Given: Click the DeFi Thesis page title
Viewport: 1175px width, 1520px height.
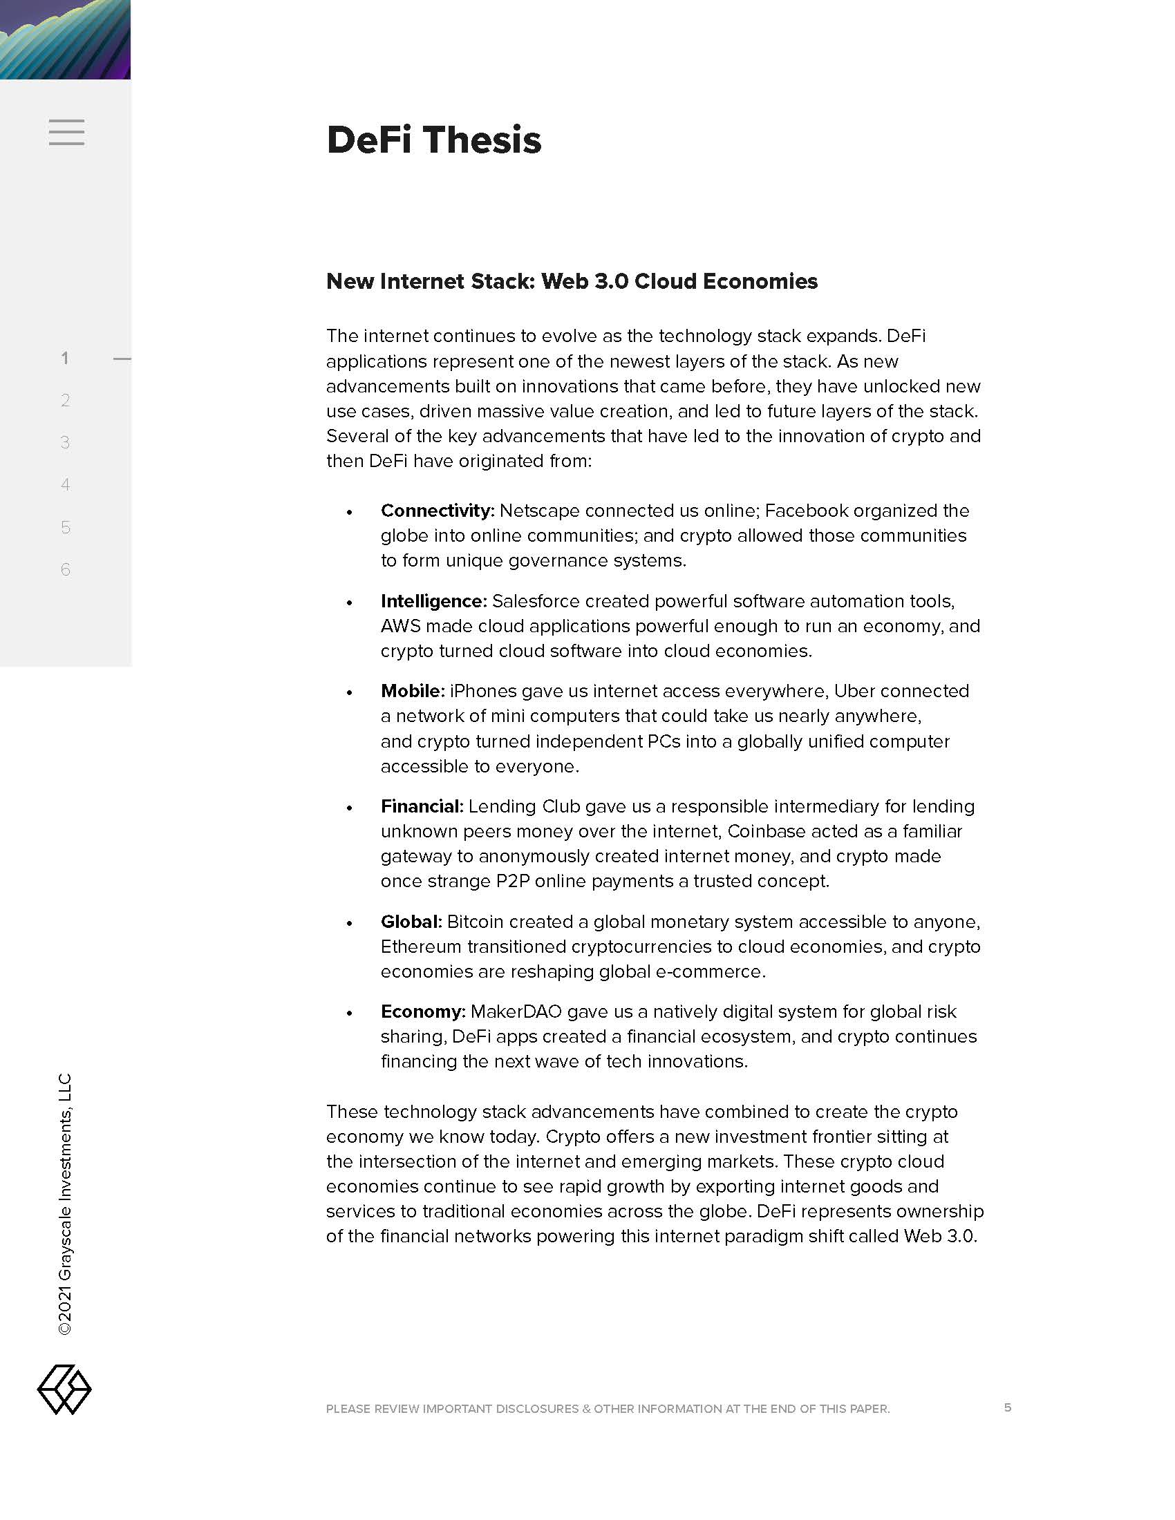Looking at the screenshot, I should (x=433, y=139).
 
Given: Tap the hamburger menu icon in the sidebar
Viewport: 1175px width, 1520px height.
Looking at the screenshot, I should (x=66, y=132).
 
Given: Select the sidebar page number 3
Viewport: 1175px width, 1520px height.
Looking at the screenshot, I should (x=66, y=443).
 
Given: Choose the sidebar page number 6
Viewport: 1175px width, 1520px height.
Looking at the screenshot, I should (x=66, y=569).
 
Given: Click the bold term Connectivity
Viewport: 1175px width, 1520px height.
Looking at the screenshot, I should (x=436, y=511).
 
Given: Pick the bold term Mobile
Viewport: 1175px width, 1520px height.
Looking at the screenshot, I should (x=411, y=691).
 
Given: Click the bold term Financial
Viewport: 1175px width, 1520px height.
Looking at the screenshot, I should (x=421, y=806).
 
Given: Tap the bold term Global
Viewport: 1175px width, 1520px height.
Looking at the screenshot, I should (x=411, y=922).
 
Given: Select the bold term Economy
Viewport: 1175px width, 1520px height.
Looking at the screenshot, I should (x=422, y=1012).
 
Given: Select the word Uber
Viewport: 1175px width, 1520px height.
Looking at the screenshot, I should (x=855, y=691).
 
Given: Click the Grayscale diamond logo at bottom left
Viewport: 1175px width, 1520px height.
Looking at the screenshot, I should (x=64, y=1389).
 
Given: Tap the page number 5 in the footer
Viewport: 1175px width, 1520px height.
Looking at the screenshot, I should (x=1007, y=1407).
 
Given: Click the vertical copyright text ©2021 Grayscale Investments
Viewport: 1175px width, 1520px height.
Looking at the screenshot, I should (x=65, y=1204).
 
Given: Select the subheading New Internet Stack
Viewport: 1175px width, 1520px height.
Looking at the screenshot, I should (x=572, y=281).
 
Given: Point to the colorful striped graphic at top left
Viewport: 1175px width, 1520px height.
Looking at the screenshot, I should (x=65, y=39).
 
